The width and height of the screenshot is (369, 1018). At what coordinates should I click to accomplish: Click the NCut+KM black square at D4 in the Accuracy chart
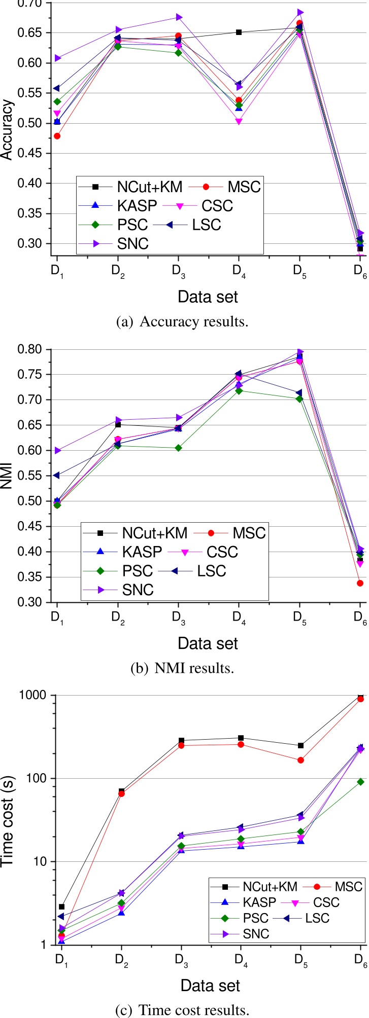tap(239, 32)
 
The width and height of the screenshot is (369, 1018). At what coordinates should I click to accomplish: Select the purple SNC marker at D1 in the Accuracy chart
tap(57, 58)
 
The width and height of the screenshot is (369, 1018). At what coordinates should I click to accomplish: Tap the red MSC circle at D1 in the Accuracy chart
tap(57, 136)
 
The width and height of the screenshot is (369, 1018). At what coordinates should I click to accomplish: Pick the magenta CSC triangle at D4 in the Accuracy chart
tap(239, 122)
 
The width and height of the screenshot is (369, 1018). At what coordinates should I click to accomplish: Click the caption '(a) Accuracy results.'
tap(182, 321)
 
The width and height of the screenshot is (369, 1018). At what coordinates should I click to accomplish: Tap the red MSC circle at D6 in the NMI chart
tap(360, 583)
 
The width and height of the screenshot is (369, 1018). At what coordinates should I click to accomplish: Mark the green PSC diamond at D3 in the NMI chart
tap(178, 448)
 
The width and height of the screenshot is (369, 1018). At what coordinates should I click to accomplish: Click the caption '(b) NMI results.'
tap(182, 668)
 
